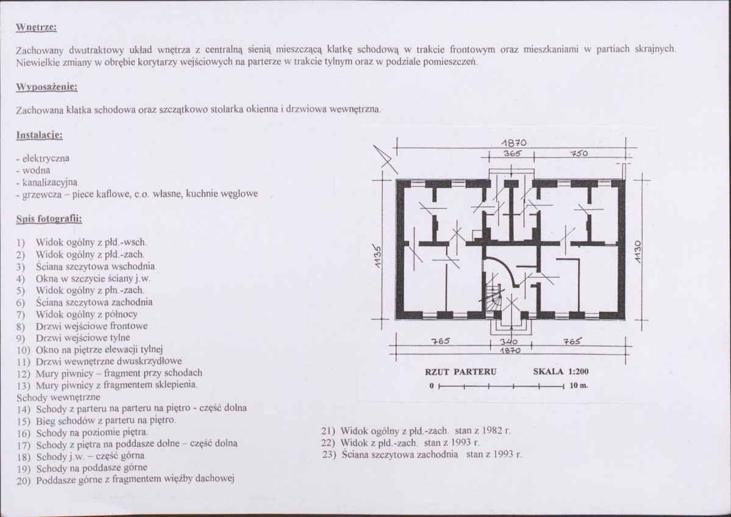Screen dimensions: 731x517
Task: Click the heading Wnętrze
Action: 37,27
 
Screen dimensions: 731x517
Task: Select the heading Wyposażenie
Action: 46,87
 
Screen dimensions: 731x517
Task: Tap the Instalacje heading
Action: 40,136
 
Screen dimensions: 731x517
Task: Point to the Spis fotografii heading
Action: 49,219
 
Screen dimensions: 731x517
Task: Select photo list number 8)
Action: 21,326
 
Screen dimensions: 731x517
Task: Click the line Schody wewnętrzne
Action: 59,397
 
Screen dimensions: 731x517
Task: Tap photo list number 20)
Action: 23,480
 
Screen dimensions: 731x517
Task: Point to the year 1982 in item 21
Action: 491,430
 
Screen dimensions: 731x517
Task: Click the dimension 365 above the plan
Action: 512,153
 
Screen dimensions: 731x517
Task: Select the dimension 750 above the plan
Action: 579,153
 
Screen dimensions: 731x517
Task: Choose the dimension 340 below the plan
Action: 508,342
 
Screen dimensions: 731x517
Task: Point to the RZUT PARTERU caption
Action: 460,372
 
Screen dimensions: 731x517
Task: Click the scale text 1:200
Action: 578,372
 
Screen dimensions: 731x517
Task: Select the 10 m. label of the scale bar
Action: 579,386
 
